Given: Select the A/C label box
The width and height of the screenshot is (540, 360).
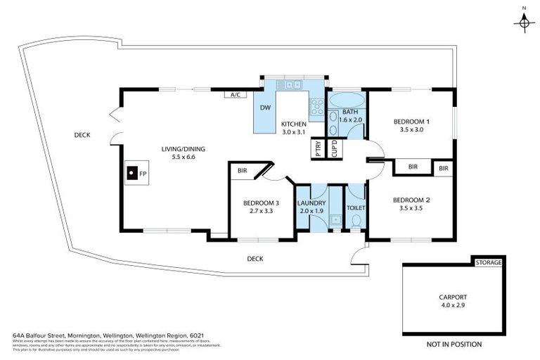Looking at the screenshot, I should point(233,94).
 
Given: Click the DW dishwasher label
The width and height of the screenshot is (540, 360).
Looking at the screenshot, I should point(266,108).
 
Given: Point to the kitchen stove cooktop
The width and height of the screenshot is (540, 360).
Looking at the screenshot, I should point(317,108).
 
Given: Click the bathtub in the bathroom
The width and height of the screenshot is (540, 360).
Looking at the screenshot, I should point(345,98).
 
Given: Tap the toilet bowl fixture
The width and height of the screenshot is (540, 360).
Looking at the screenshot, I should point(356,220).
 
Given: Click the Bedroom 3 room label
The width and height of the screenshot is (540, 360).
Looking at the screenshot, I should point(261,207).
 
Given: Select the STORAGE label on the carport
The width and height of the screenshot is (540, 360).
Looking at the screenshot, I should point(489,263).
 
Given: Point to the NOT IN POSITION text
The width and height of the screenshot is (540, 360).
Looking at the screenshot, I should point(454,345).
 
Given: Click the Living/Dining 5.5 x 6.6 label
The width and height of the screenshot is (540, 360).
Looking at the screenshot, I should point(177,153).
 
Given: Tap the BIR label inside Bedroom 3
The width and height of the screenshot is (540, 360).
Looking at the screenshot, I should point(242,171).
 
